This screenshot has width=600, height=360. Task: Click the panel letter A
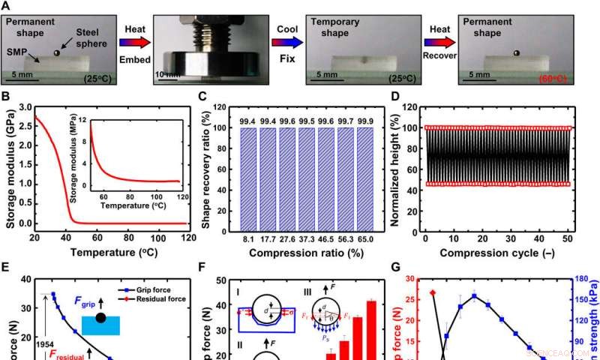point(6,6)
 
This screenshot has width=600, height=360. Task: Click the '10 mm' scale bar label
point(168,75)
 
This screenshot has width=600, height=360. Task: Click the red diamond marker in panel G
point(432,292)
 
